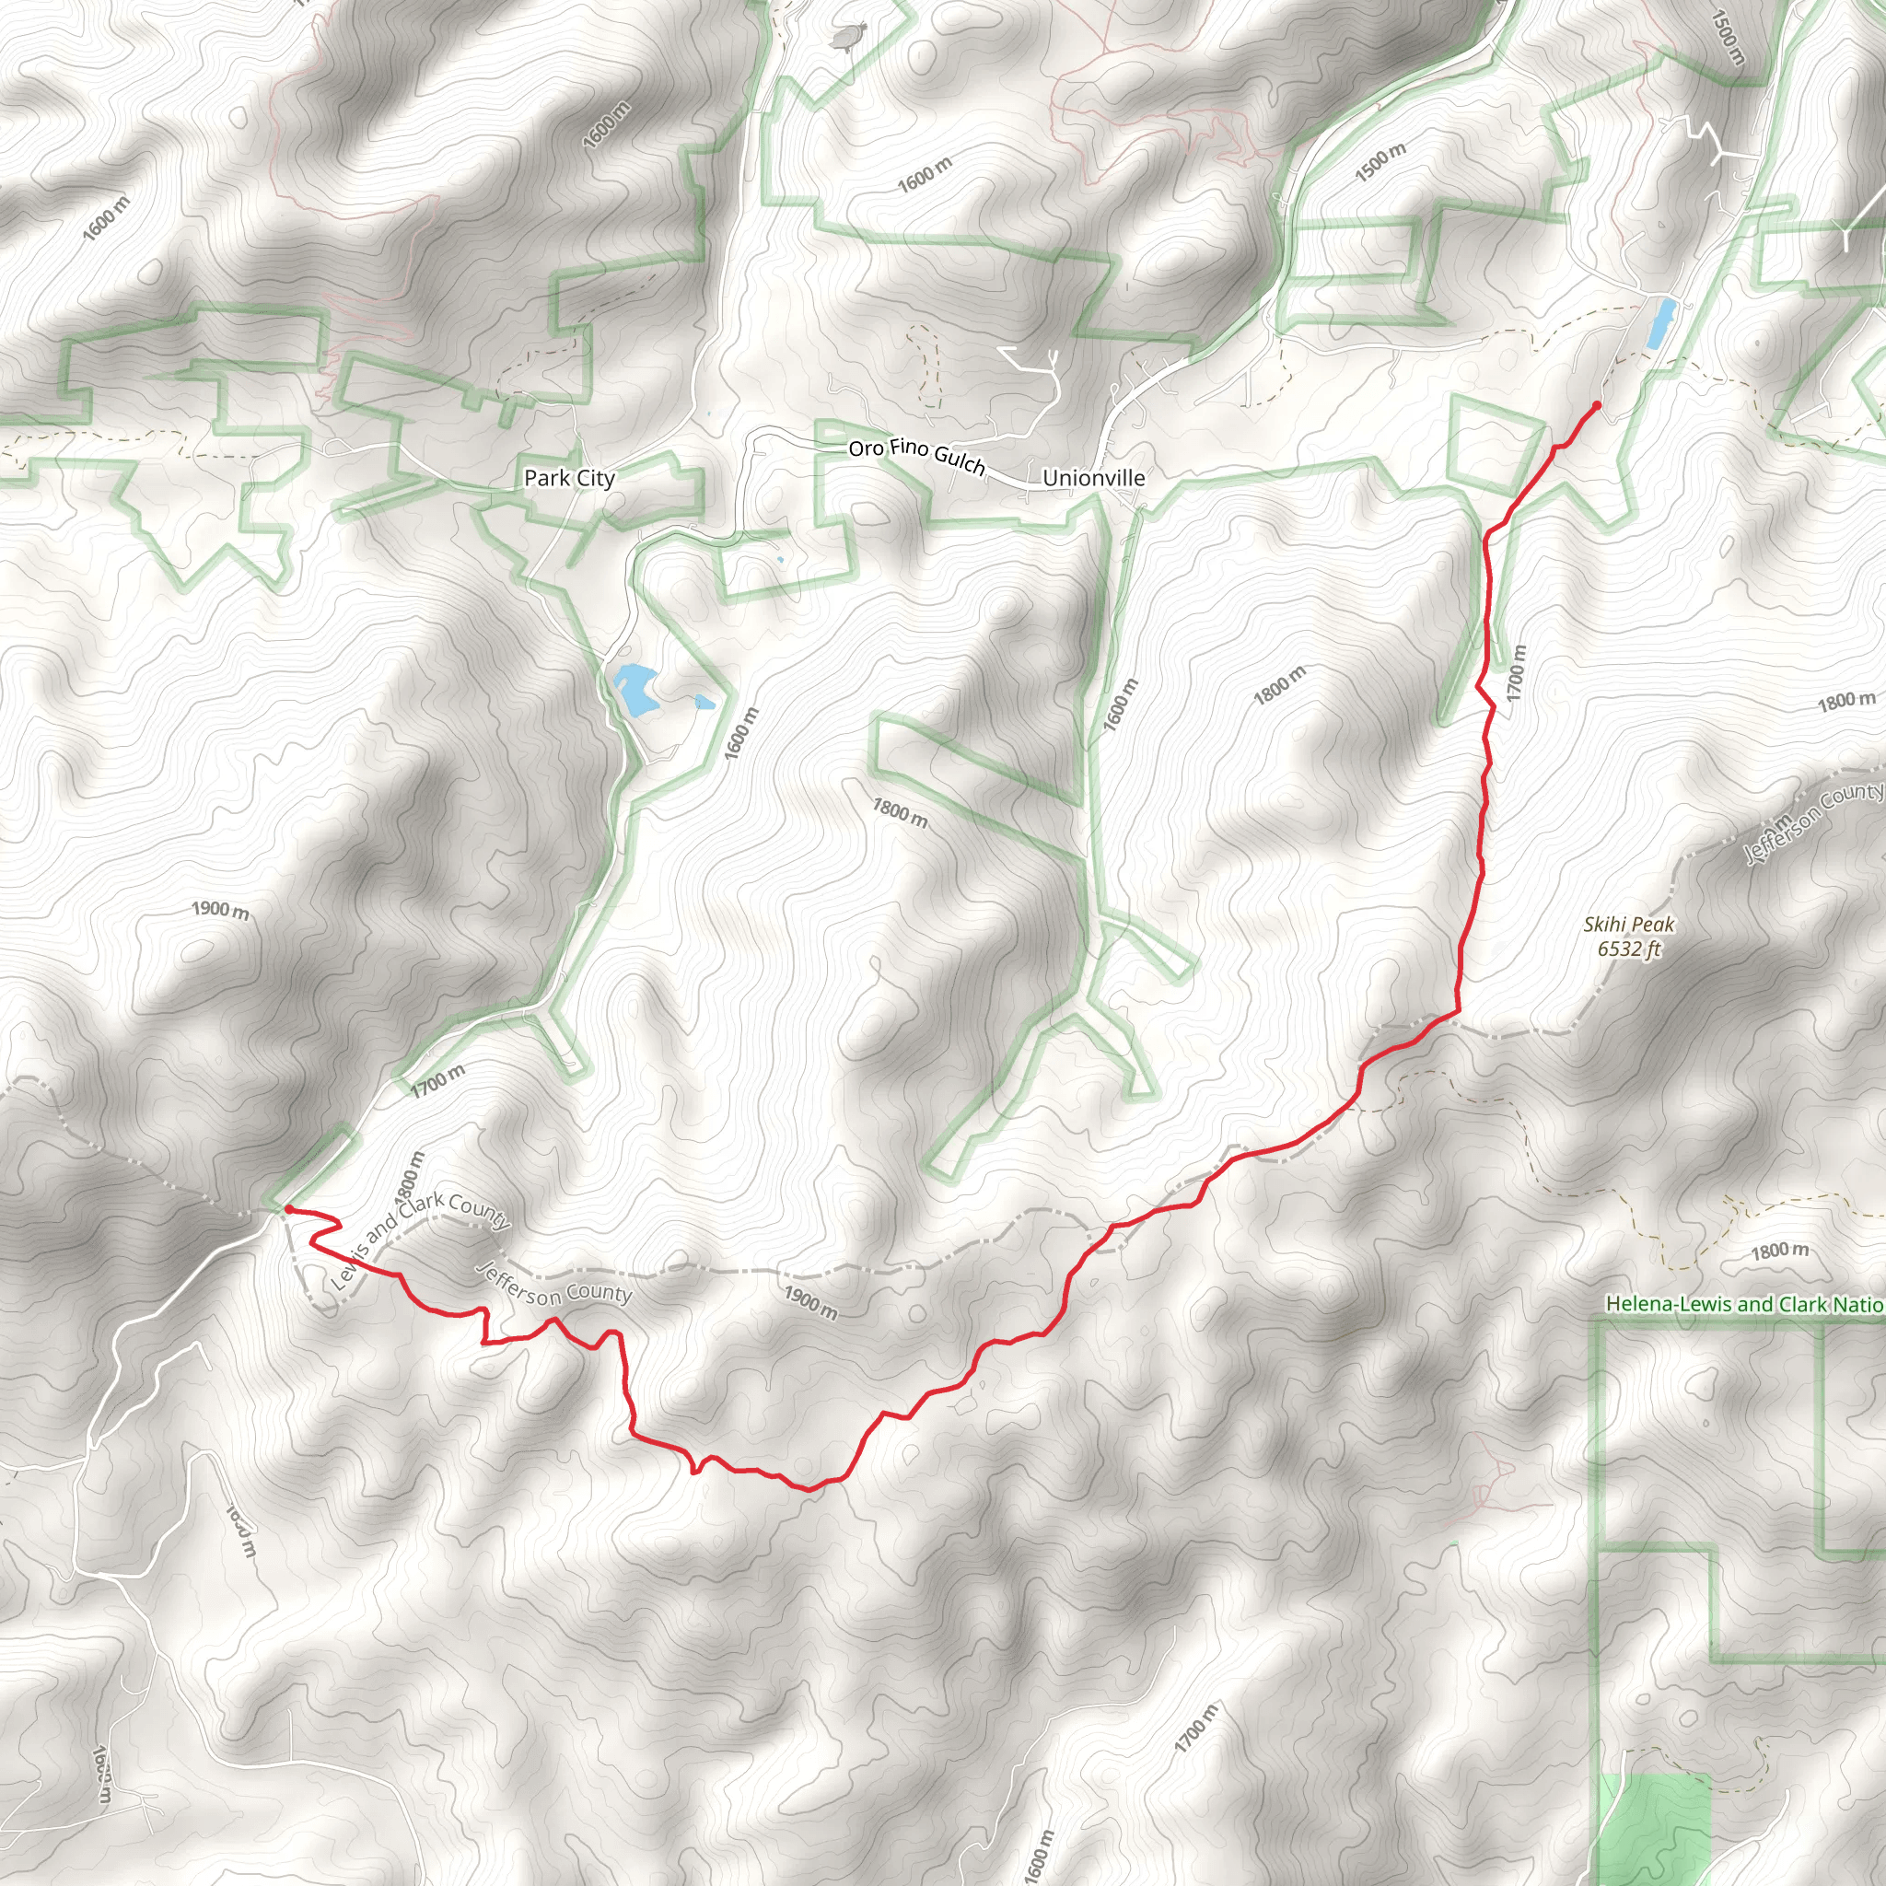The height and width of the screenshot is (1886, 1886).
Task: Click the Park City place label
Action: point(569,478)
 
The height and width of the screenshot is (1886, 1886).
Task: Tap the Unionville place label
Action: point(1093,478)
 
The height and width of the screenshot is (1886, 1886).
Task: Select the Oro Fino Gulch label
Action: point(916,455)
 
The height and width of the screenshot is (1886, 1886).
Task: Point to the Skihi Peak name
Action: point(1628,924)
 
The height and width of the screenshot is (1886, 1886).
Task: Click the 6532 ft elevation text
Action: point(1628,948)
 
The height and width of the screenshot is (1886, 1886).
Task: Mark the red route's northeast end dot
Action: point(1596,405)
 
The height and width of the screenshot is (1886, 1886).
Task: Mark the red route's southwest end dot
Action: point(288,1209)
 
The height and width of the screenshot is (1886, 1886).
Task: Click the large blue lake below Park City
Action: point(634,688)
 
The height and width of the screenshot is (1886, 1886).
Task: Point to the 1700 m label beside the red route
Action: point(1516,673)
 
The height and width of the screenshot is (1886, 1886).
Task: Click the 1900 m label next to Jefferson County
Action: point(810,1302)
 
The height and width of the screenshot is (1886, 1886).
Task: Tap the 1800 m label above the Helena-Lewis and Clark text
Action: point(1779,1251)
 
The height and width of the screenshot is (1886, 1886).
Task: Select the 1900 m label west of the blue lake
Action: point(220,910)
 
